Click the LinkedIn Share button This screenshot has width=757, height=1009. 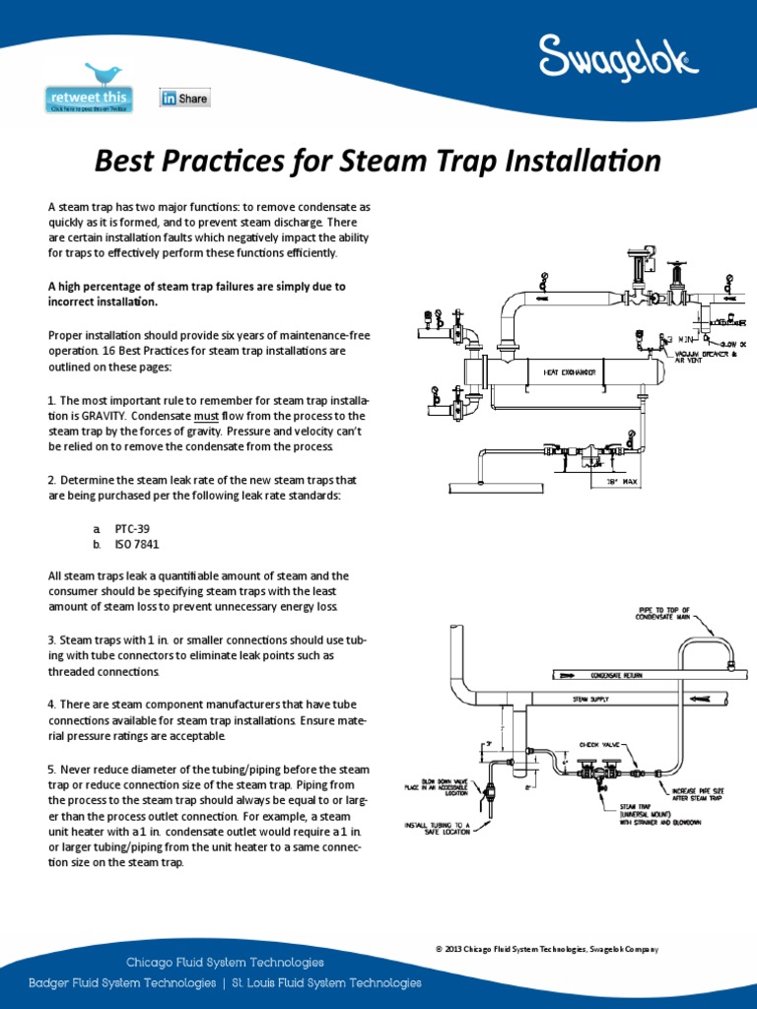(185, 99)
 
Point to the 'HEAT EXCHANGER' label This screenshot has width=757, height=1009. (570, 372)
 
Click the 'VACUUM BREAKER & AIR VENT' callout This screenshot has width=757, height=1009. (705, 357)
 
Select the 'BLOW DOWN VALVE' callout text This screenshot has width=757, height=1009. (438, 783)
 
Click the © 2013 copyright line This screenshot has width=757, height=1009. (546, 949)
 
